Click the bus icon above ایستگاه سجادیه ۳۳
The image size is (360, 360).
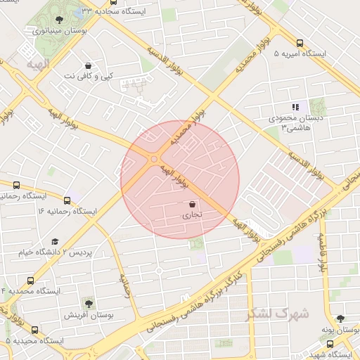114,2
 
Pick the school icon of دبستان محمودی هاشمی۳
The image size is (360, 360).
295,107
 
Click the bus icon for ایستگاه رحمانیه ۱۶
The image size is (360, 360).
67,200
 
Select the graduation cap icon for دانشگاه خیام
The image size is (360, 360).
55,241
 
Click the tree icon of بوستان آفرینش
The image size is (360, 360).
89,303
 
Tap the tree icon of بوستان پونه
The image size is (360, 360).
340,319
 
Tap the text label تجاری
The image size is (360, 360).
193,216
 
